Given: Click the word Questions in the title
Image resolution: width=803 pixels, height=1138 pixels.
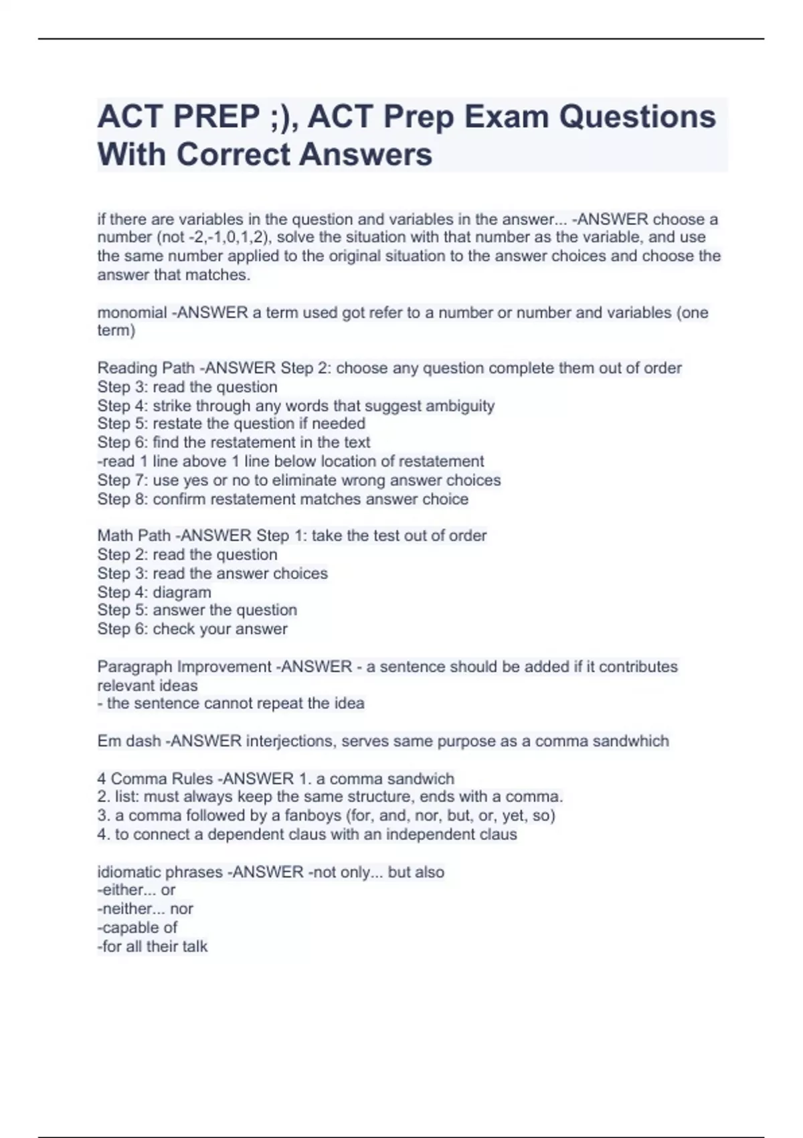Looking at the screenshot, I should pos(637,116).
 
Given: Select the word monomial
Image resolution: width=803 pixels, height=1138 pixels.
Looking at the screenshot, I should pos(132,313).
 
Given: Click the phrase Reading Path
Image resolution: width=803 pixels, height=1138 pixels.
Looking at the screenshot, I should pos(146,368).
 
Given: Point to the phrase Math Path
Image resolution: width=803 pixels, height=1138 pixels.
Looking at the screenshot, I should pos(134,536).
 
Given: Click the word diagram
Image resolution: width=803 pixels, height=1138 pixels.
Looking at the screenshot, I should pos(182,592).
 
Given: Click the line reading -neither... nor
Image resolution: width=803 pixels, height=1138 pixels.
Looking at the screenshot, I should pos(145,909).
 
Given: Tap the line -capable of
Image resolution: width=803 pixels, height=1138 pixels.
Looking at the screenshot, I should pos(137,928).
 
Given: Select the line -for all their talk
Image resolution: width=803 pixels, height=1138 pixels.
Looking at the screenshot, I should pos(153,947).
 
